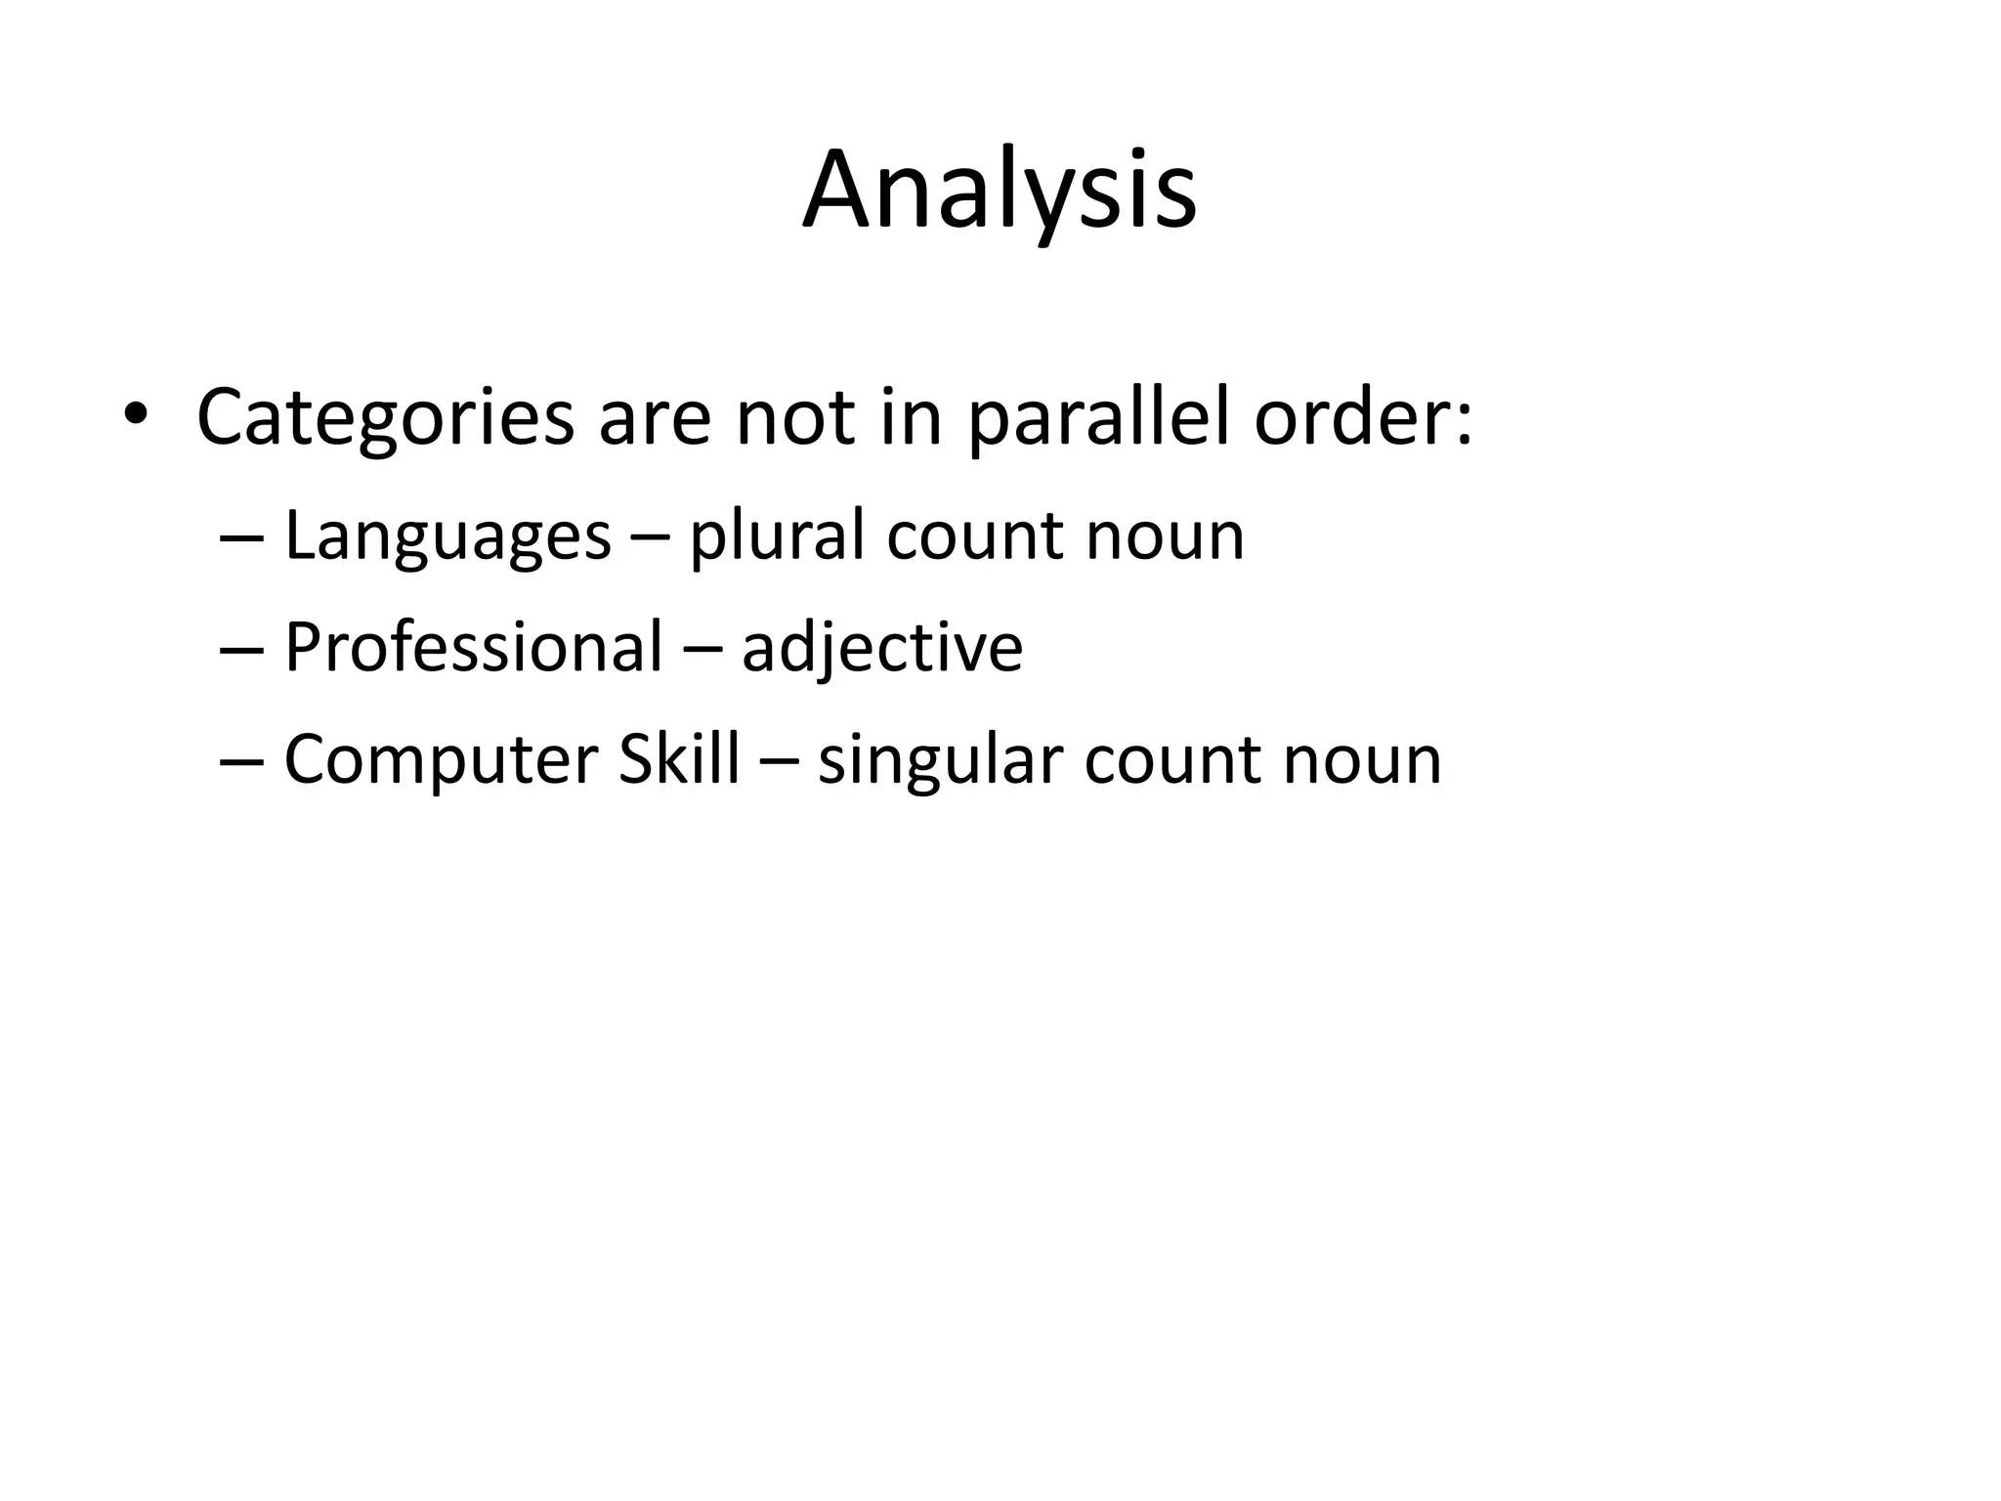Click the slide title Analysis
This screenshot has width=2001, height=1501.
1000,191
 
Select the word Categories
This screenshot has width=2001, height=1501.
385,417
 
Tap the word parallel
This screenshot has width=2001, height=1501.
1098,417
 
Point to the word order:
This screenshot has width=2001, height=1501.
1363,417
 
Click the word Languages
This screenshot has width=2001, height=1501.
447,536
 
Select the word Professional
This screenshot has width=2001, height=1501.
473,648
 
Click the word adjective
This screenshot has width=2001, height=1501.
881,648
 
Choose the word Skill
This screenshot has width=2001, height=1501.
679,759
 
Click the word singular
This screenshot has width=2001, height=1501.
939,759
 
